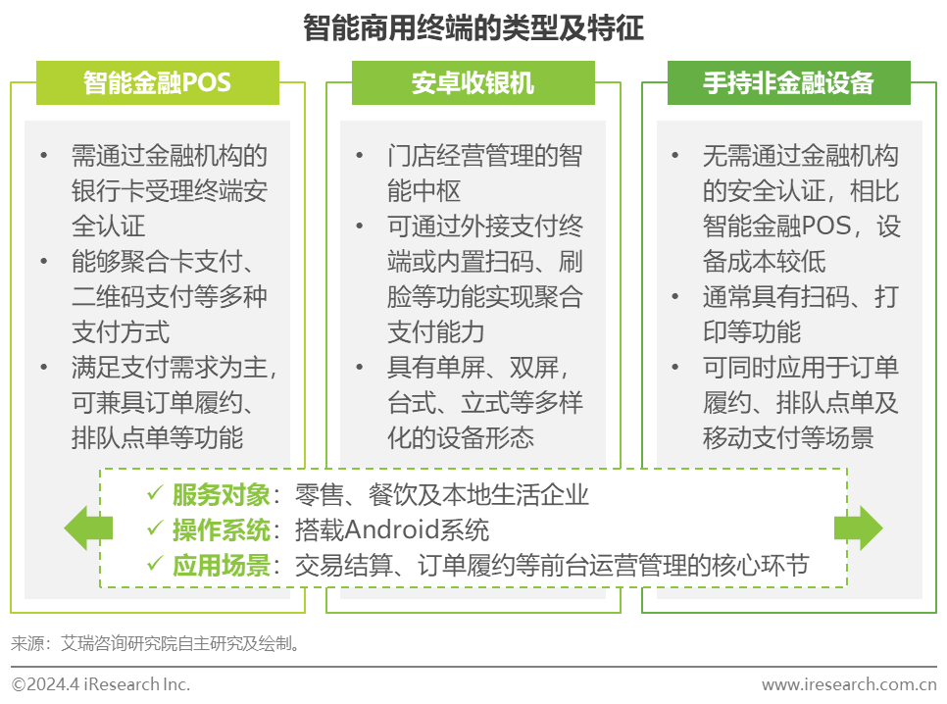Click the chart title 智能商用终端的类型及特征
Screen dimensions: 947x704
473,27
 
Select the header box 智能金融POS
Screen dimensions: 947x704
158,82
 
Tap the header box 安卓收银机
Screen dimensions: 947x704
473,82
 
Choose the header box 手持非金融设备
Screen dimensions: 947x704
789,82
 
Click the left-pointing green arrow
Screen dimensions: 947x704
87,528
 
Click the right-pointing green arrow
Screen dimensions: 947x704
858,528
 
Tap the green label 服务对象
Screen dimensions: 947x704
222,495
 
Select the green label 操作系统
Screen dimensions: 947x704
222,530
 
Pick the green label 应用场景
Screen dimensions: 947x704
222,566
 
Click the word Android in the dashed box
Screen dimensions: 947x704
391,530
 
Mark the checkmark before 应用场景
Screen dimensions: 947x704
155,563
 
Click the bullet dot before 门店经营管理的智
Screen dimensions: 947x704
360,156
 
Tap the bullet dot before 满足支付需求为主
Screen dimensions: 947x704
43,367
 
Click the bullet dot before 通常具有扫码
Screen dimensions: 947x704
675,297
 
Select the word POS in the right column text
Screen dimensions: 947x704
826,226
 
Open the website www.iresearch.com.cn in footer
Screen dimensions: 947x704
849,684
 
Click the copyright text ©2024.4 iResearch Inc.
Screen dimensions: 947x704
101,684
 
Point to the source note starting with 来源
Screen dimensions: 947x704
156,643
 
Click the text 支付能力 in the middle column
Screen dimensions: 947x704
436,331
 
